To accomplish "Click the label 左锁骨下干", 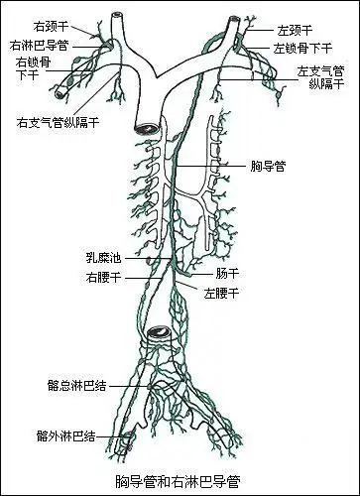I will click(x=301, y=48).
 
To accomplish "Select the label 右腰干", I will click(x=103, y=278).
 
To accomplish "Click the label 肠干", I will click(x=227, y=272).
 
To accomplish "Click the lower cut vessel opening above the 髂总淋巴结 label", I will click(x=158, y=333).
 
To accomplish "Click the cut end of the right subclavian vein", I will click(x=60, y=89).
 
